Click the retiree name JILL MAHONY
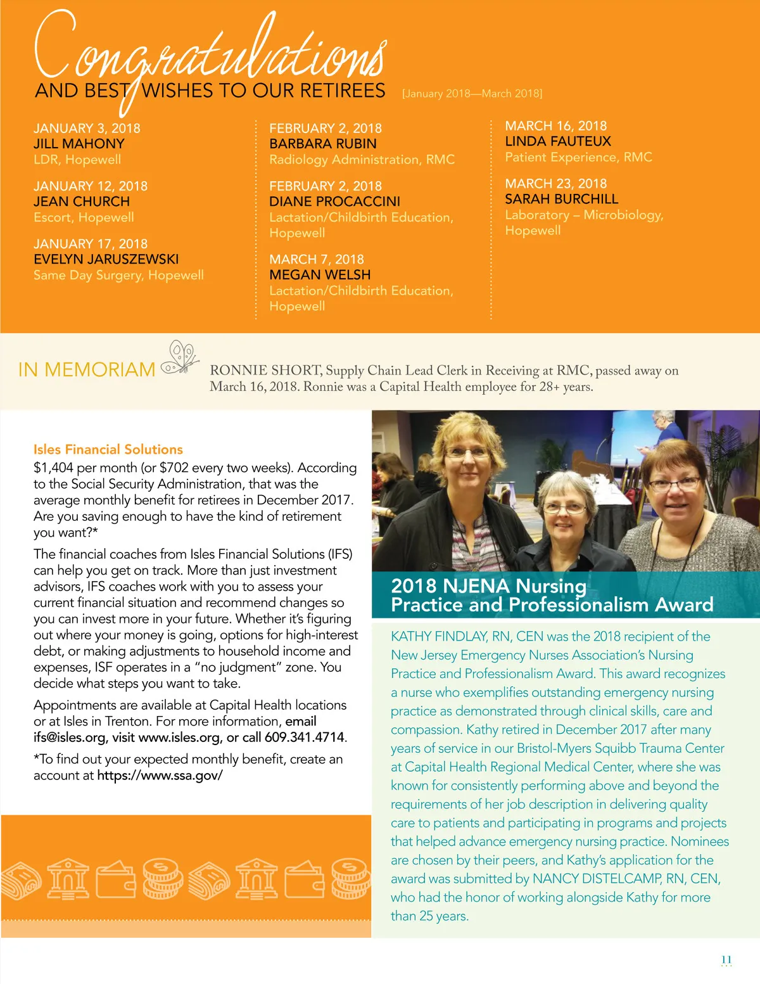pos(79,144)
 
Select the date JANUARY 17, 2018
pos(91,244)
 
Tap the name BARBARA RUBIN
pos(323,144)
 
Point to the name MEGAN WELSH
pos(320,275)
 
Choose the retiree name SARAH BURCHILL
pos(561,199)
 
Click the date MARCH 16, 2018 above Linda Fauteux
pos(555,126)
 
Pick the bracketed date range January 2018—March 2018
pos(472,94)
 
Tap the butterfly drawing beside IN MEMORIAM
pos(180,358)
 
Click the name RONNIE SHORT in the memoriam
pos(265,371)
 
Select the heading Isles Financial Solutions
pos(108,449)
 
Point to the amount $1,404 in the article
pos(53,468)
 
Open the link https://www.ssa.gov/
pos(160,775)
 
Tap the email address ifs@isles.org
pos(70,738)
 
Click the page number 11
pos(726,960)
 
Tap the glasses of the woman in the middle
pos(565,508)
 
